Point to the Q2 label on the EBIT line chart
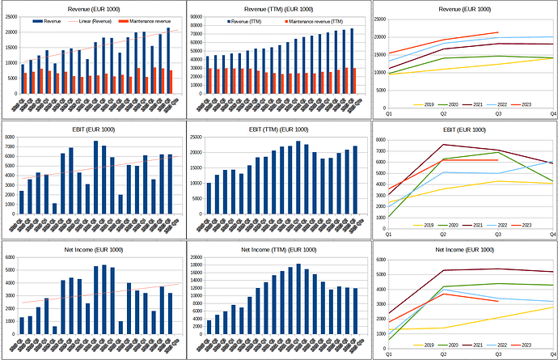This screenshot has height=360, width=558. click(442, 235)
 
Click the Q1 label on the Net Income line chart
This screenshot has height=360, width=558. click(388, 355)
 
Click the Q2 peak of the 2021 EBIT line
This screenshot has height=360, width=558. click(443, 145)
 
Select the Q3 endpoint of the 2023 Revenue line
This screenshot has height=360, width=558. click(498, 32)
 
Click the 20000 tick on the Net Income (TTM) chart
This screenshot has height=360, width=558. click(197, 258)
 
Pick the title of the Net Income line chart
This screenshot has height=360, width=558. click(465, 249)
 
